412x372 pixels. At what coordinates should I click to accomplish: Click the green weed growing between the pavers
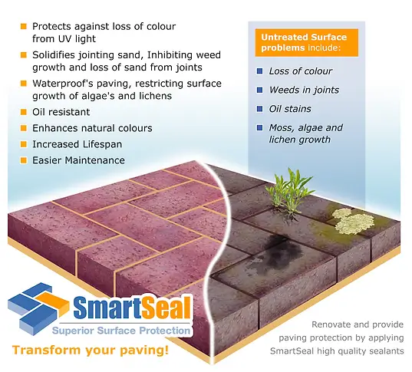pyautogui.click(x=289, y=192)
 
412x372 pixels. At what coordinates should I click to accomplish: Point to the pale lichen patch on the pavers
pyautogui.click(x=353, y=221)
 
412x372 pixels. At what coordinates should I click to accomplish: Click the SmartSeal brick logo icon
pyautogui.click(x=38, y=308)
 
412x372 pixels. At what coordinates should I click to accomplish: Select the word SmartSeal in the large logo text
pyautogui.click(x=132, y=308)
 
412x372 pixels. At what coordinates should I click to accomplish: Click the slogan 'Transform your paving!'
pyautogui.click(x=91, y=351)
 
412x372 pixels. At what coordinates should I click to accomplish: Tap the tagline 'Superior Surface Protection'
pyautogui.click(x=121, y=331)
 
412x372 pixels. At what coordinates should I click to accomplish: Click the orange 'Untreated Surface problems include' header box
pyautogui.click(x=307, y=42)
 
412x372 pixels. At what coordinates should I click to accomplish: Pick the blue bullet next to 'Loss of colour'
pyautogui.click(x=259, y=71)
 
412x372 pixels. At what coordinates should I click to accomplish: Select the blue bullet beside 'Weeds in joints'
pyautogui.click(x=259, y=90)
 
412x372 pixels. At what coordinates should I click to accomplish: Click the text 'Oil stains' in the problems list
pyautogui.click(x=290, y=109)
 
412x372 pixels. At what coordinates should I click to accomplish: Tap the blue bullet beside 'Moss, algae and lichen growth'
pyautogui.click(x=259, y=127)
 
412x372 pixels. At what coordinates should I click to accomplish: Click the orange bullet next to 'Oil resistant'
pyautogui.click(x=24, y=112)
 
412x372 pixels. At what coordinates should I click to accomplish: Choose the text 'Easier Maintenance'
pyautogui.click(x=78, y=160)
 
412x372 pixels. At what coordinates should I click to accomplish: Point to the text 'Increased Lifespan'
pyautogui.click(x=77, y=144)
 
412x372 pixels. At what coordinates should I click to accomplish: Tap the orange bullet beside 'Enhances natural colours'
pyautogui.click(x=24, y=128)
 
